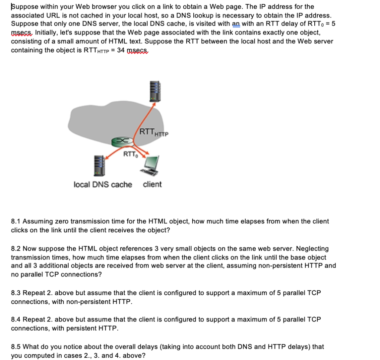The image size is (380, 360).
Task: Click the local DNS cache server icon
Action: (x=99, y=166)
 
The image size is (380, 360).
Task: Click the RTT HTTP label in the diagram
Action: (x=153, y=131)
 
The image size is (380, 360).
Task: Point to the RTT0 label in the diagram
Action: (x=130, y=154)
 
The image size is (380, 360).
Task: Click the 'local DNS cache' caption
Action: (x=103, y=184)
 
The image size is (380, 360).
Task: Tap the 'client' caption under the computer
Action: (x=152, y=184)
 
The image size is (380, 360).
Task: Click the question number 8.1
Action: (x=16, y=222)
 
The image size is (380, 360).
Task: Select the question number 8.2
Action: (x=16, y=249)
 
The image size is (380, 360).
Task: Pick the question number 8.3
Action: (x=16, y=293)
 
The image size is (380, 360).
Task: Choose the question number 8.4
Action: (x=16, y=320)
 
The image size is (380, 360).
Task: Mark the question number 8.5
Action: (x=16, y=347)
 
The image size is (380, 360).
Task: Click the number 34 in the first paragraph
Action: (x=121, y=50)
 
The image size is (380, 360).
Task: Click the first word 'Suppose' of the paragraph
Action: (x=23, y=7)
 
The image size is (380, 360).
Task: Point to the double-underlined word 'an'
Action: (x=236, y=24)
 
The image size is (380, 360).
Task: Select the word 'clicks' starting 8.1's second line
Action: (x=20, y=230)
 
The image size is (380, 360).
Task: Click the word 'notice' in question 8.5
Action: (x=73, y=347)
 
